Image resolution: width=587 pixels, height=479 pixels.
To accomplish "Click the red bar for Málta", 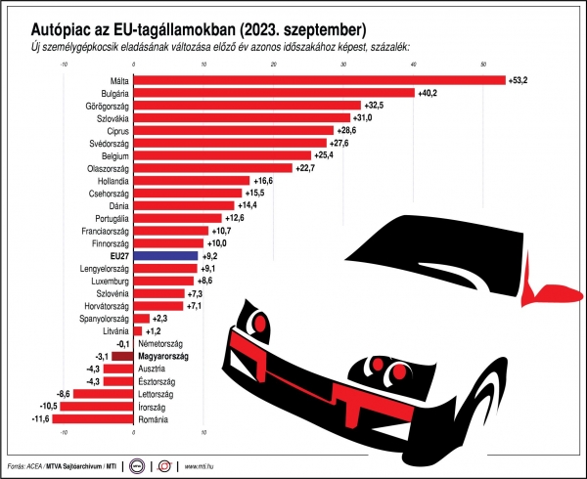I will pos(319,80).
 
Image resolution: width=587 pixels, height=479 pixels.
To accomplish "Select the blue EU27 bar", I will pos(164,255).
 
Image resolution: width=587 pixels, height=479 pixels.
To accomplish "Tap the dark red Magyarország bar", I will pos(121,357).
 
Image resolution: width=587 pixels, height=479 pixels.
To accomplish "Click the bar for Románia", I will pos(92,419).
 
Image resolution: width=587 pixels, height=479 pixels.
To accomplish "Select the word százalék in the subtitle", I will pos(390,47).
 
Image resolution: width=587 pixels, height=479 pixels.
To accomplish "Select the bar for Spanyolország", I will pos(141,319).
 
